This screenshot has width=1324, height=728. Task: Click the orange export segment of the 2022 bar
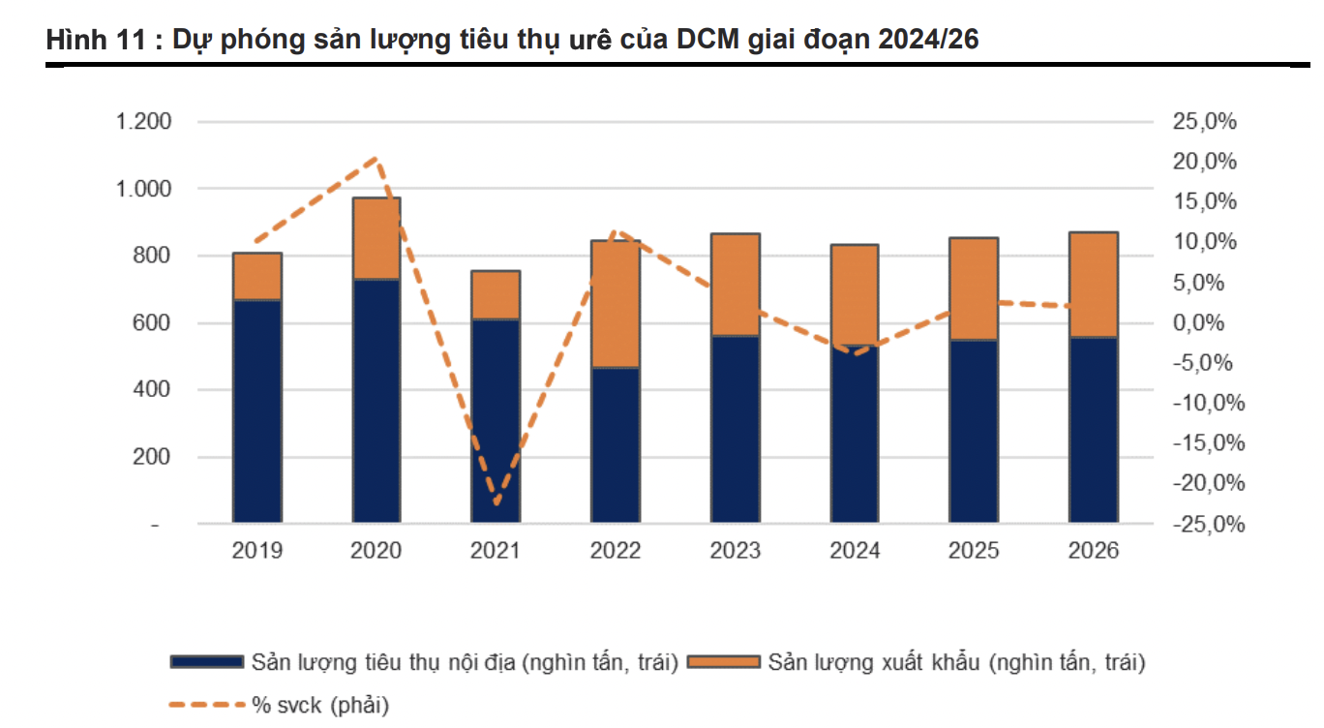click(x=616, y=304)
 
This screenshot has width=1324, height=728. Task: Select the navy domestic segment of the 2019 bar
click(x=256, y=411)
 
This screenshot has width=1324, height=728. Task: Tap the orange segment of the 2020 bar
click(x=376, y=238)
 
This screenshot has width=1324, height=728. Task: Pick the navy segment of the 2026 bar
click(x=1094, y=431)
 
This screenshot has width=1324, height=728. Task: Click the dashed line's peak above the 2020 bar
click(x=376, y=158)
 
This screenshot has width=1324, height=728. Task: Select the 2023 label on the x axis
click(x=735, y=551)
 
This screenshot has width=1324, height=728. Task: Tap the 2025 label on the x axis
click(x=974, y=551)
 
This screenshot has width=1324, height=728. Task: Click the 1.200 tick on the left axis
click(x=143, y=122)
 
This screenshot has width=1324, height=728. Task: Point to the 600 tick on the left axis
click(x=151, y=322)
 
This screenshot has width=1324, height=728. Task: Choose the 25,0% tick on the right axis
click(x=1204, y=122)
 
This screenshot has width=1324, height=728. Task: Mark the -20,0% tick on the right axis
click(x=1204, y=483)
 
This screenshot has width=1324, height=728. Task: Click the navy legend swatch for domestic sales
click(x=206, y=662)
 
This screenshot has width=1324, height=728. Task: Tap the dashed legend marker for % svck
click(x=206, y=705)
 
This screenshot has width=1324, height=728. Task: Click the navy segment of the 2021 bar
click(x=496, y=421)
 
